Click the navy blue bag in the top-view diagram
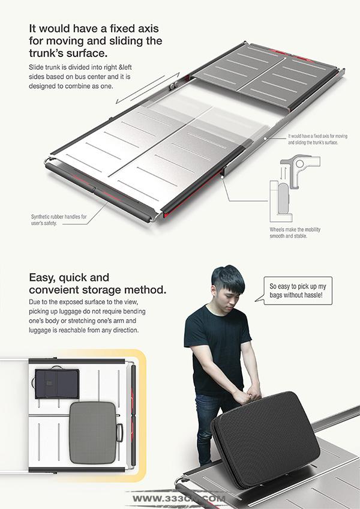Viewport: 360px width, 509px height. (56, 384)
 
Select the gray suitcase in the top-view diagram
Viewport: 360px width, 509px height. (93, 433)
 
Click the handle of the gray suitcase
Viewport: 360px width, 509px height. (120, 433)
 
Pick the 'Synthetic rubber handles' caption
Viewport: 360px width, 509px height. (59, 220)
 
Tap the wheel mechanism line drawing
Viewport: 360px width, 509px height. (295, 188)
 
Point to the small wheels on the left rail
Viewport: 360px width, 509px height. (173, 86)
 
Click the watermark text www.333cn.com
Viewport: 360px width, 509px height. (179, 499)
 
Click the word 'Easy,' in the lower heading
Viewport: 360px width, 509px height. (42, 278)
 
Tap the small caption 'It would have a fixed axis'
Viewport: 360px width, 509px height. (317, 139)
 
